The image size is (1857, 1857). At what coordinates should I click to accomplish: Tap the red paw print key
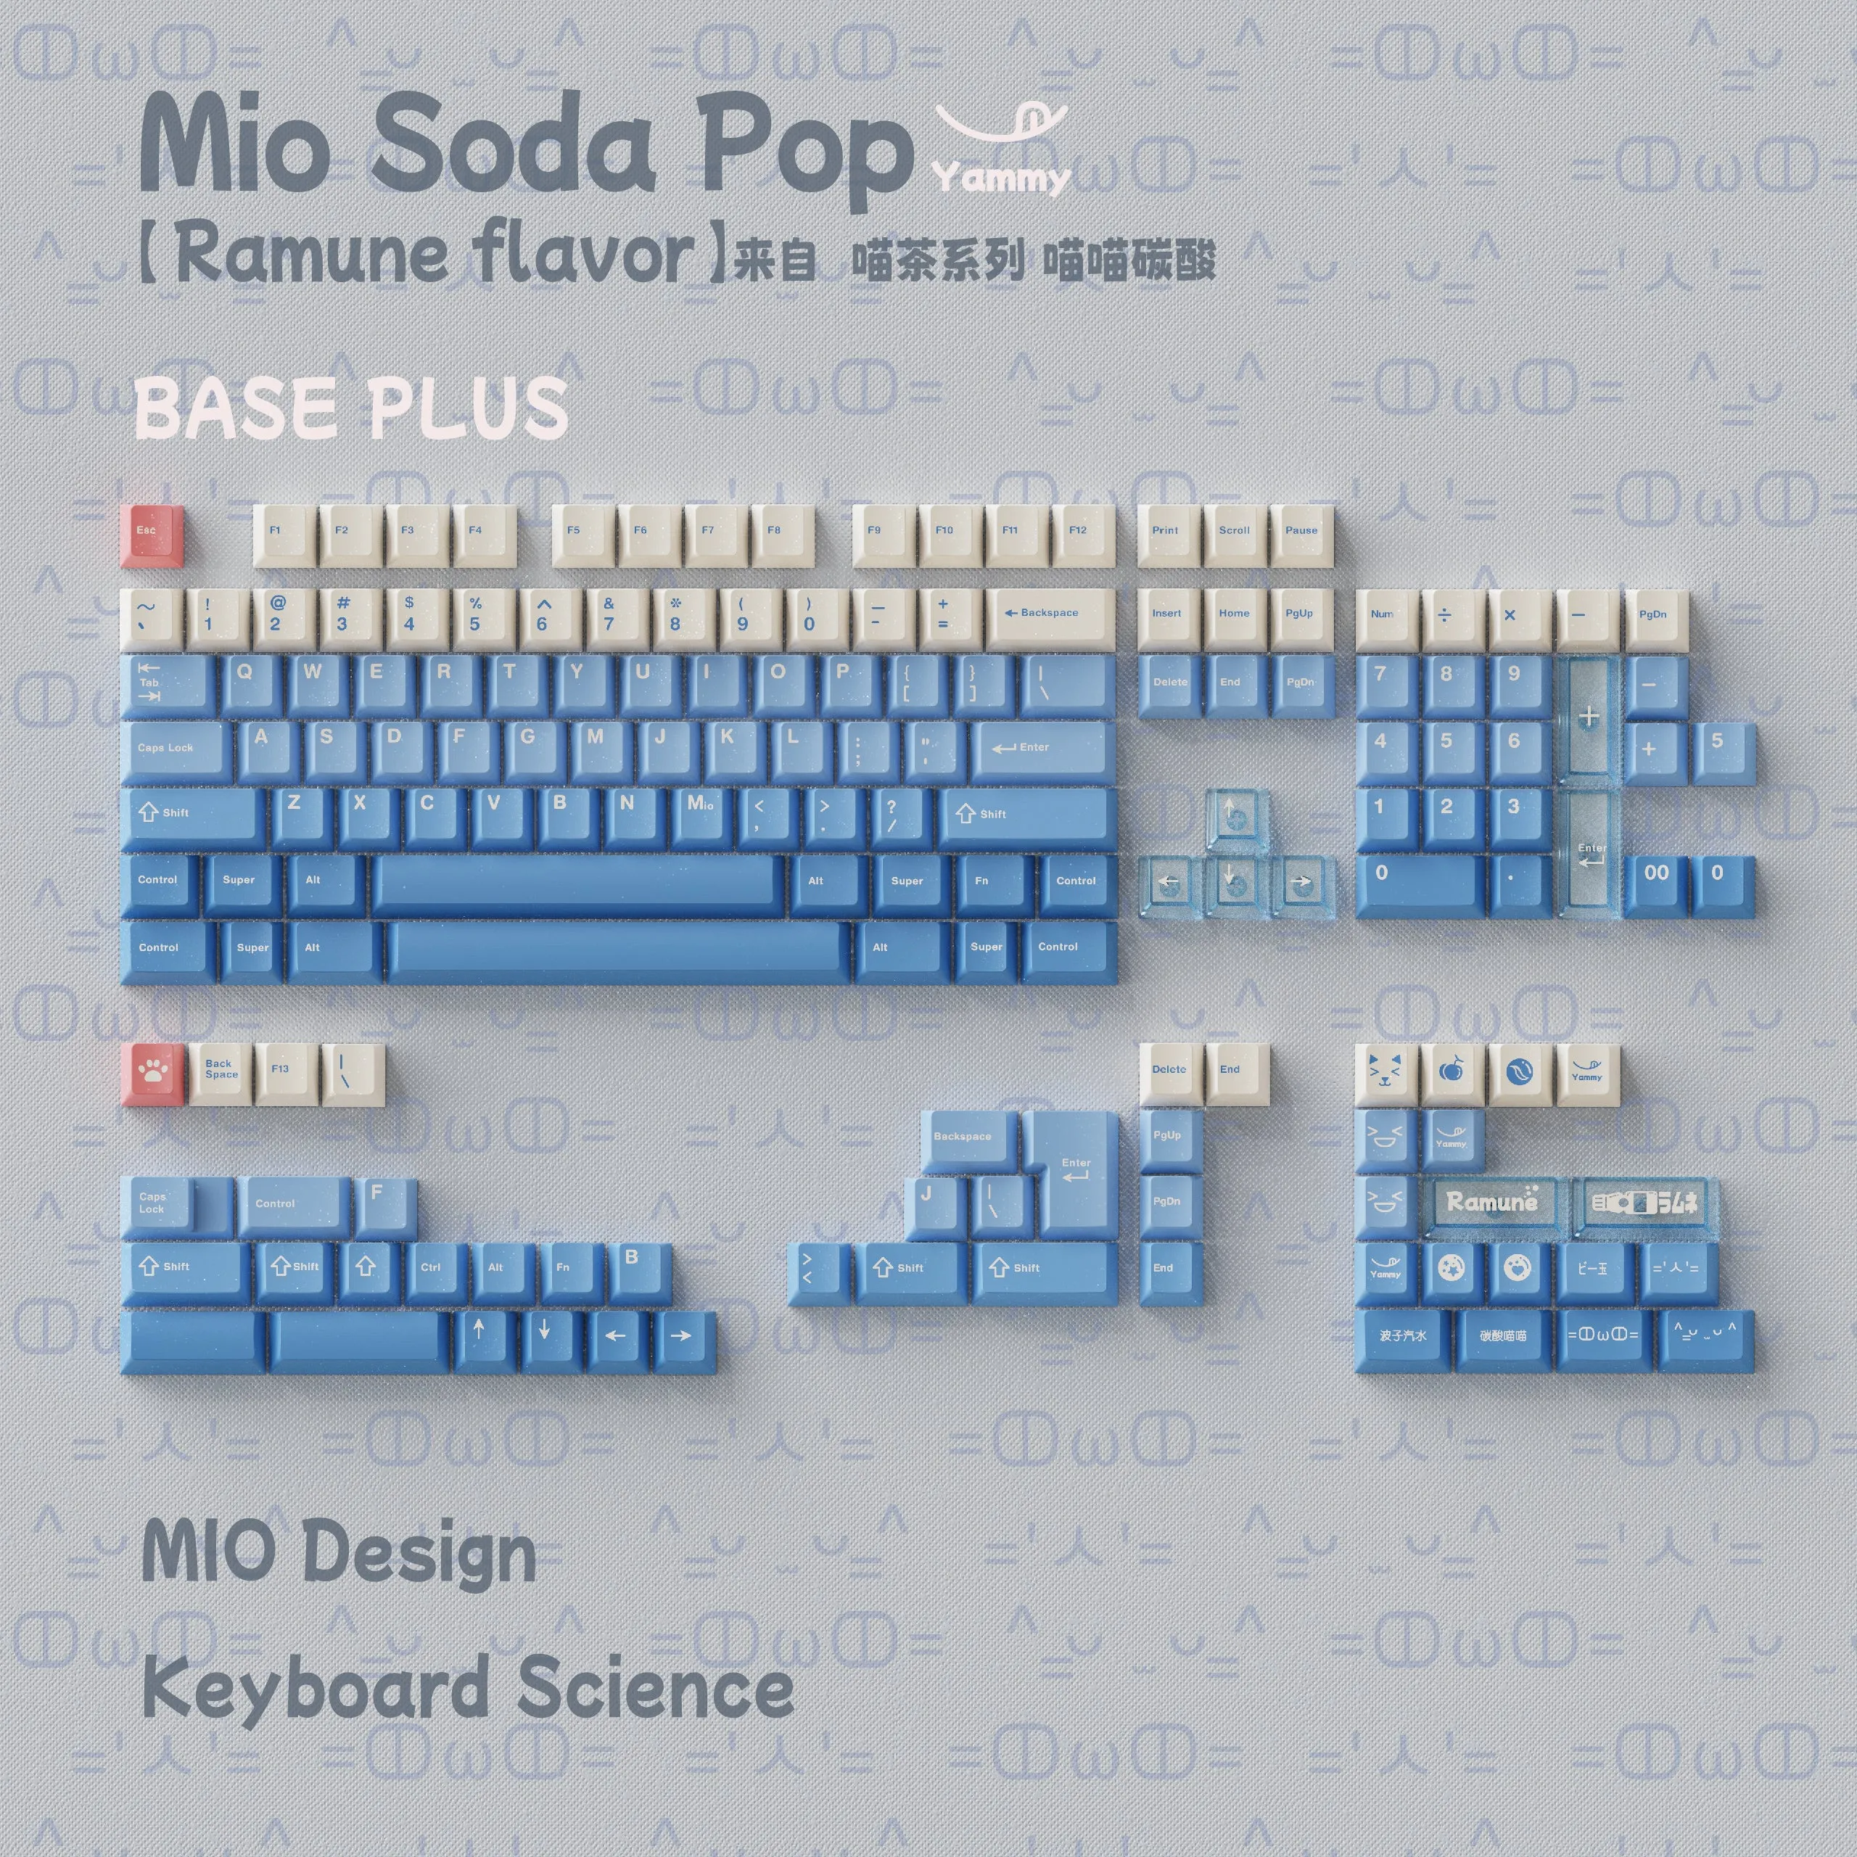[154, 1073]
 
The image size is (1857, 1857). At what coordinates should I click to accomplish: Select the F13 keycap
[287, 1073]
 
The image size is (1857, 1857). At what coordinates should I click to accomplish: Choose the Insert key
[1168, 617]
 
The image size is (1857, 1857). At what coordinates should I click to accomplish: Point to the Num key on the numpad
[1385, 618]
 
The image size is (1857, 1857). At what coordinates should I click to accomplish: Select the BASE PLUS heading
[352, 408]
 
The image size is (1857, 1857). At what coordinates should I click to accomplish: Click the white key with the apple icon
[1452, 1073]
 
